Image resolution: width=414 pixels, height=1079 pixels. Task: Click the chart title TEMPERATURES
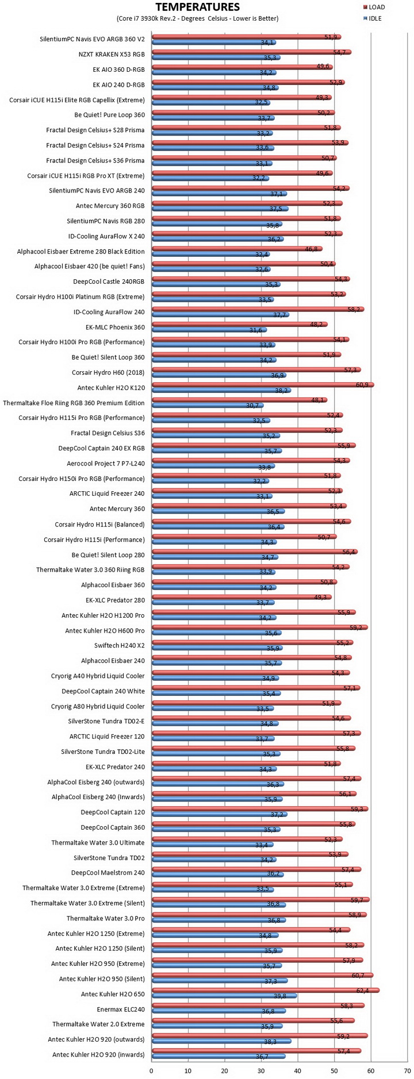[x=197, y=7]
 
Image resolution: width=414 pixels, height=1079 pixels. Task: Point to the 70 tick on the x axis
[x=408, y=1071]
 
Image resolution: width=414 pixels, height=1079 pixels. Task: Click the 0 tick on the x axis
[x=151, y=1071]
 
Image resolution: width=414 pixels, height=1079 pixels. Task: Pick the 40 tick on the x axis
[x=298, y=1071]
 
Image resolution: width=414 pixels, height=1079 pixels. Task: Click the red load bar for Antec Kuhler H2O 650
[x=265, y=990]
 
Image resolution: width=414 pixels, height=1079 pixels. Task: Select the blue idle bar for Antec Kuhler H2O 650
[x=224, y=996]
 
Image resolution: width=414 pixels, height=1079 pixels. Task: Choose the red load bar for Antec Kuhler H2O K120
[x=263, y=384]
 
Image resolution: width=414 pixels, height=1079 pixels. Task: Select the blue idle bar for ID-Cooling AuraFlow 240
[x=220, y=315]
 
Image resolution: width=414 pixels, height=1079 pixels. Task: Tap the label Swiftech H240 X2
[x=120, y=645]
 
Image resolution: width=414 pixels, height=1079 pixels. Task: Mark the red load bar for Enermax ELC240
[x=258, y=1005]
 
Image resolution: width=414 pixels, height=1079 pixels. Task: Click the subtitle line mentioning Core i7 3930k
[x=198, y=18]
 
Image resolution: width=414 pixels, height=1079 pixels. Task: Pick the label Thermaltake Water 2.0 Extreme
[x=98, y=1024]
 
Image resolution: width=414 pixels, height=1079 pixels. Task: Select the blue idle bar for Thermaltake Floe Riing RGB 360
[x=207, y=406]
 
